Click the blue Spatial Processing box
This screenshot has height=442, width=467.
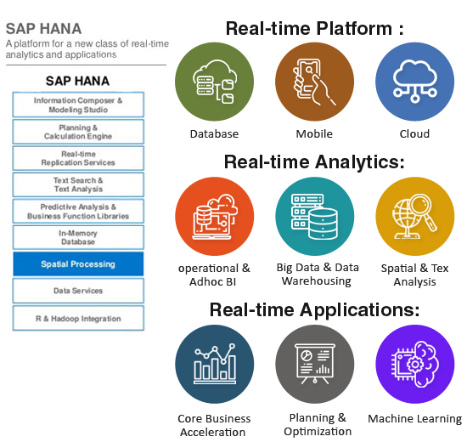[x=78, y=264]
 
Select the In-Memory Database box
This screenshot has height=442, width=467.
[x=78, y=237]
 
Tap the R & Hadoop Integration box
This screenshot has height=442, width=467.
[x=78, y=318]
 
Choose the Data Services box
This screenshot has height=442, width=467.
[x=78, y=291]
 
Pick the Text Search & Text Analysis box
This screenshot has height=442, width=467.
[x=78, y=184]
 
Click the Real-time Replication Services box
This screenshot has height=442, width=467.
[x=78, y=158]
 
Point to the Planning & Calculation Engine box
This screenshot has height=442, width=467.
[x=78, y=132]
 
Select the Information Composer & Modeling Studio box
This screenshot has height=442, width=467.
[x=78, y=105]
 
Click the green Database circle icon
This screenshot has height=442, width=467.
[x=215, y=82]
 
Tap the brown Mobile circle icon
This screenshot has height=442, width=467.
[x=314, y=82]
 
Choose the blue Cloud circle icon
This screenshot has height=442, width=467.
[x=415, y=82]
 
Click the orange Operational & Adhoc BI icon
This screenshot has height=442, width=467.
[x=215, y=216]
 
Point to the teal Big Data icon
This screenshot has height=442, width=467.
[x=315, y=216]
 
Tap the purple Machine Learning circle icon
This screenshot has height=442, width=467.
[x=415, y=364]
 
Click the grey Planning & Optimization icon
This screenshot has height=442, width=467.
[x=315, y=364]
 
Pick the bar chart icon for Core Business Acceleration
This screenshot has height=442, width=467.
[x=215, y=364]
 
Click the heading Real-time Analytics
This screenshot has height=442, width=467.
[x=314, y=162]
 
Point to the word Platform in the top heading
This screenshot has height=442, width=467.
[x=354, y=29]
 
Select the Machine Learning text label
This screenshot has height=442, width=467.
[x=415, y=419]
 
